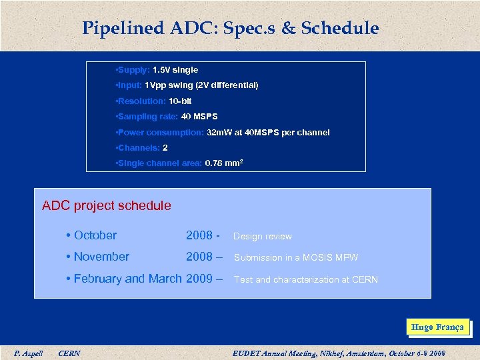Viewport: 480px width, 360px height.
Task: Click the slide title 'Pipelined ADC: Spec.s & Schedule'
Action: tap(231, 29)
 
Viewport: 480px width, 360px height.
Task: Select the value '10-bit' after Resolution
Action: tap(180, 101)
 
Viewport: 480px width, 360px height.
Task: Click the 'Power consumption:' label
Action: tap(161, 133)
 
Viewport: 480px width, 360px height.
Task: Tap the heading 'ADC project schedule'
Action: tap(107, 206)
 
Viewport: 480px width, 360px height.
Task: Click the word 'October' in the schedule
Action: tap(95, 235)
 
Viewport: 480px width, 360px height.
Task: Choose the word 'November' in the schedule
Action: tap(101, 257)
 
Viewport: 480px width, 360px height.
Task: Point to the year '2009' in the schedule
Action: tap(199, 279)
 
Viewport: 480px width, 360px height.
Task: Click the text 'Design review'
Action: tap(262, 236)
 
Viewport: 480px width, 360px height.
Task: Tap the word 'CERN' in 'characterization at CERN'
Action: tap(364, 279)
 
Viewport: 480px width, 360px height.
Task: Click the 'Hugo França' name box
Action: tap(437, 327)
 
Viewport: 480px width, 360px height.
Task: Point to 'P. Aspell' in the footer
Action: tap(29, 353)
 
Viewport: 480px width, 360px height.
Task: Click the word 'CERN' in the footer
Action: tap(69, 353)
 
